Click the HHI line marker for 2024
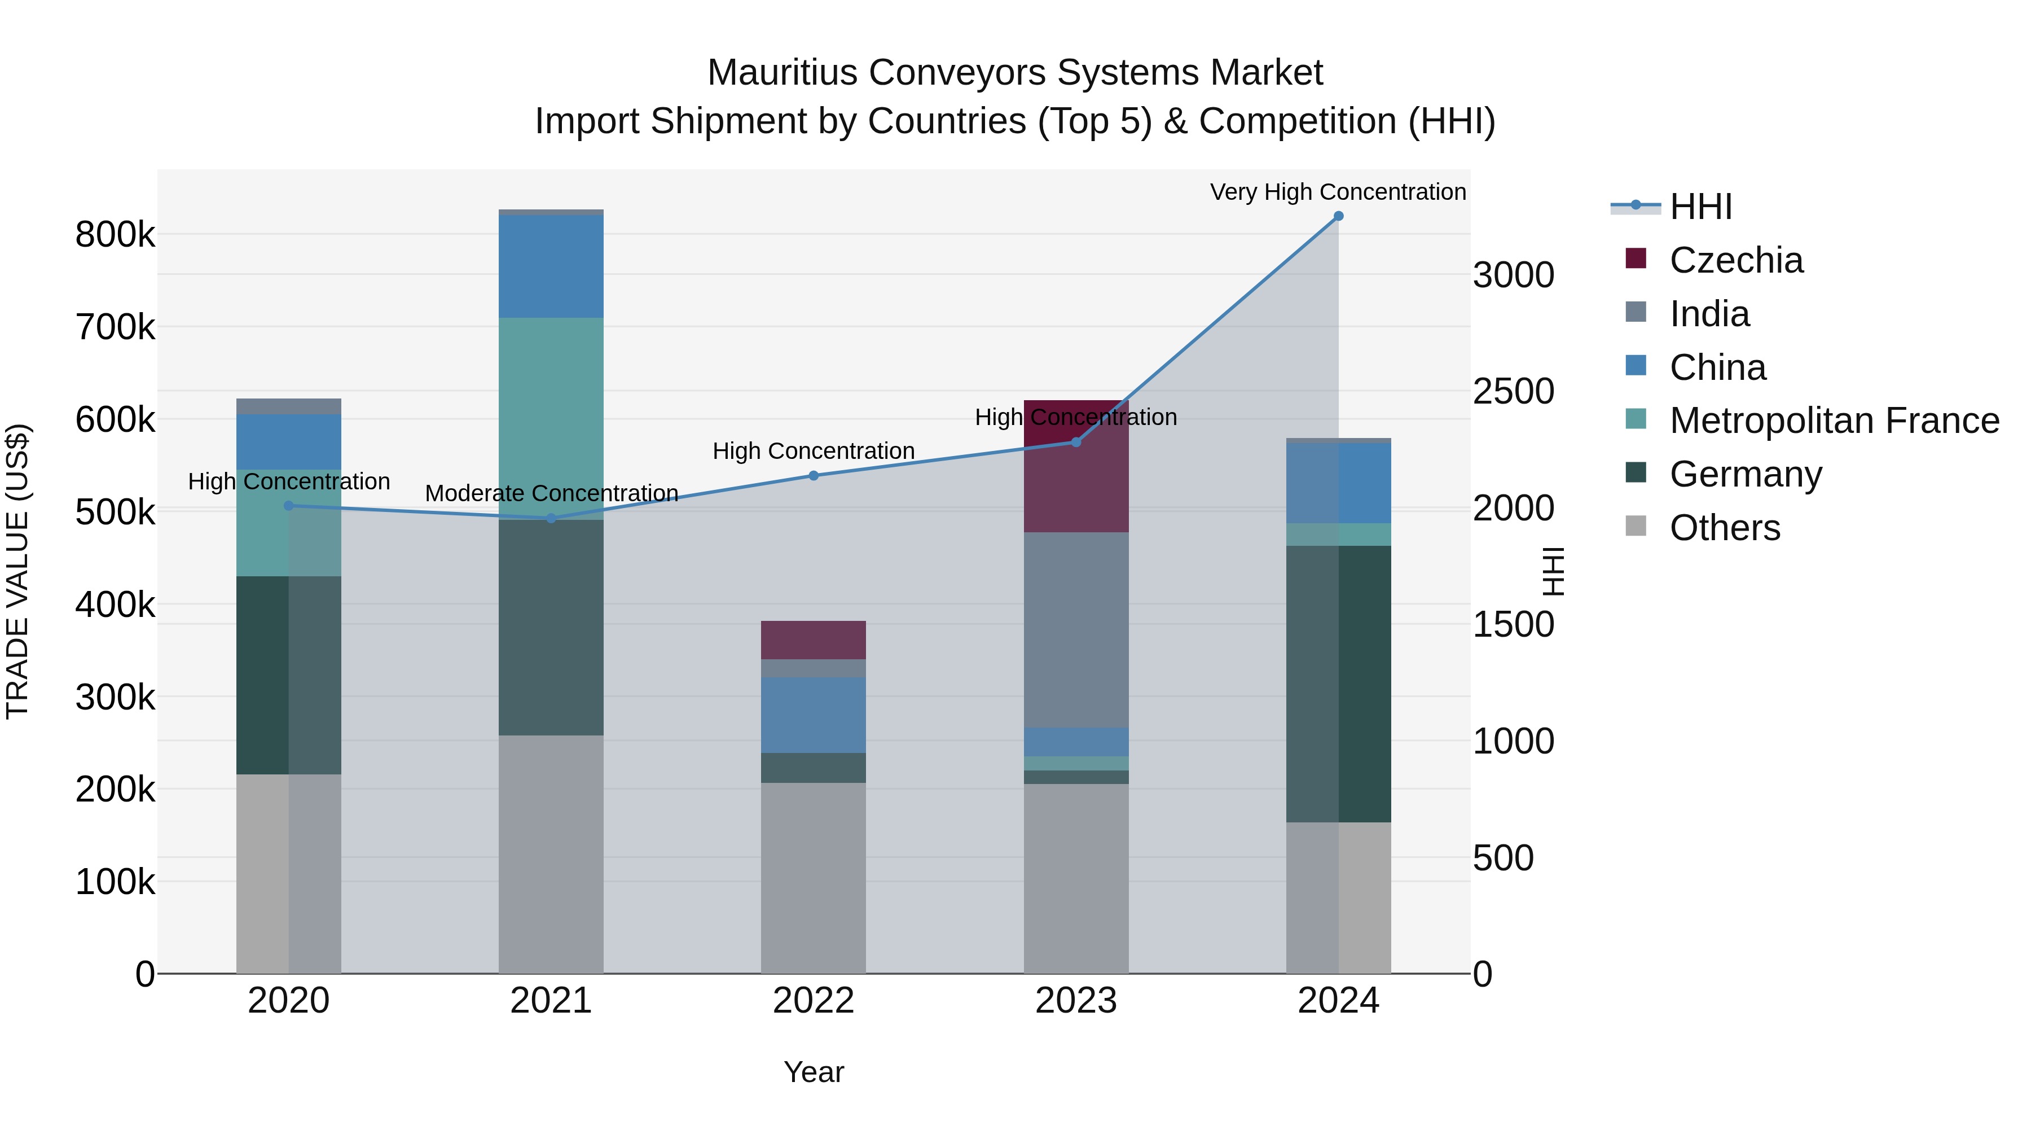[1338, 216]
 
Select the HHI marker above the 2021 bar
[551, 518]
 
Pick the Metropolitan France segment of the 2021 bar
[551, 418]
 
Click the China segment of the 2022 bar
[813, 715]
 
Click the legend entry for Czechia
[1735, 260]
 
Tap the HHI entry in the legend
[1700, 207]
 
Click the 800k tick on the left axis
[115, 234]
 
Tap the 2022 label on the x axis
[813, 1000]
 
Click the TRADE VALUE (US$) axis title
[17, 571]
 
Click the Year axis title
[813, 1072]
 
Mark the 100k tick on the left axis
[115, 881]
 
